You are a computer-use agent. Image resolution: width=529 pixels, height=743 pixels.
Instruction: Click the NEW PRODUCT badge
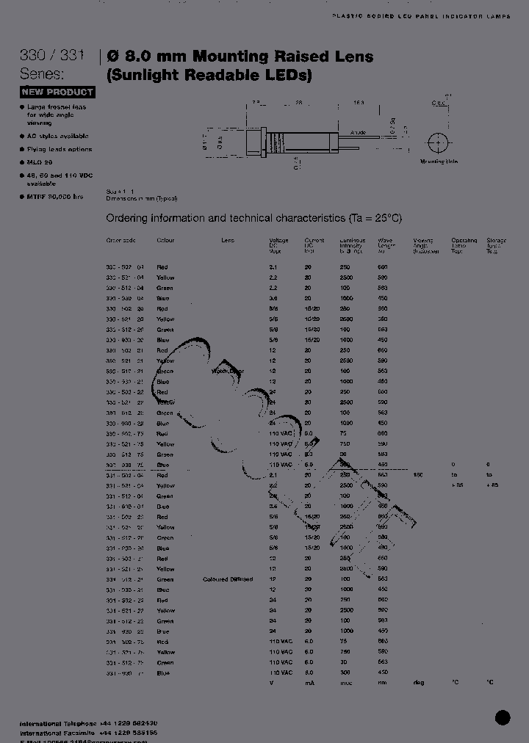coord(57,92)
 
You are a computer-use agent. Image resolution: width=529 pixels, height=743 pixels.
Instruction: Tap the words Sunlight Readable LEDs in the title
coord(210,75)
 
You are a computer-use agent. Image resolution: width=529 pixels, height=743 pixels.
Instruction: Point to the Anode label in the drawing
coord(358,133)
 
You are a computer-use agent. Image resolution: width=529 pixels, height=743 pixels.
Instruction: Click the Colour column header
coord(165,241)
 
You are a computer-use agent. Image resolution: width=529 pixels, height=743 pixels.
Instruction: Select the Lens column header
coord(228,241)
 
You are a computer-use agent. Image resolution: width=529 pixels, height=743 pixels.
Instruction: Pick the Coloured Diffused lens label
coord(228,579)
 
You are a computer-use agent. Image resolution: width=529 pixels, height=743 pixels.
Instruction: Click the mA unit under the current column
coord(309,683)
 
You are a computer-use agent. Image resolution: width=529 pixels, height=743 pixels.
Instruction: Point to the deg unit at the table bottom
coord(419,683)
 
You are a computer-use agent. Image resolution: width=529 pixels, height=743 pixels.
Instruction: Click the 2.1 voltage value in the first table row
coord(273,267)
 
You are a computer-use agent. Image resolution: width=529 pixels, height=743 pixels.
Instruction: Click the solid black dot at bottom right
coord(503,717)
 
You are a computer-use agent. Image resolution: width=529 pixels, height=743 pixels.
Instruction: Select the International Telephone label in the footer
coord(59,723)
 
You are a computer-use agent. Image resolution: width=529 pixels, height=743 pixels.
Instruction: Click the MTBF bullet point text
coord(55,197)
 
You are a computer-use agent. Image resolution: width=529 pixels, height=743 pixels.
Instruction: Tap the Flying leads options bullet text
coord(60,149)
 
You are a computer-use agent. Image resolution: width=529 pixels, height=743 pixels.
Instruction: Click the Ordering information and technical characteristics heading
coord(254,218)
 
